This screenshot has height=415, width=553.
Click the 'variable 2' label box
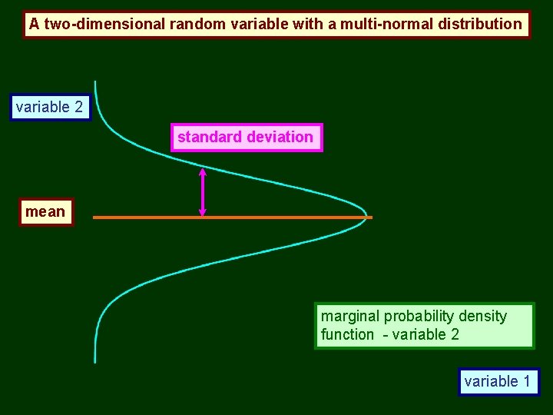50,108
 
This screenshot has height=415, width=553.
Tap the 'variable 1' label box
498,381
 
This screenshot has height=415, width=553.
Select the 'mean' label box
45,211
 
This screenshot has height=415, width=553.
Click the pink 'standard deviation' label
246,138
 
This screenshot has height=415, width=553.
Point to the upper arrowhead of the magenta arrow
203,172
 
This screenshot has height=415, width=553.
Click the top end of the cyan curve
95,82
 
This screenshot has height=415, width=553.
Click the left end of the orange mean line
94,217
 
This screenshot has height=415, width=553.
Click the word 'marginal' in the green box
350,317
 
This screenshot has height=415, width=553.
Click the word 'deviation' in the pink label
280,138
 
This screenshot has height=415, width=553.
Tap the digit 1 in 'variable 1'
526,381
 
